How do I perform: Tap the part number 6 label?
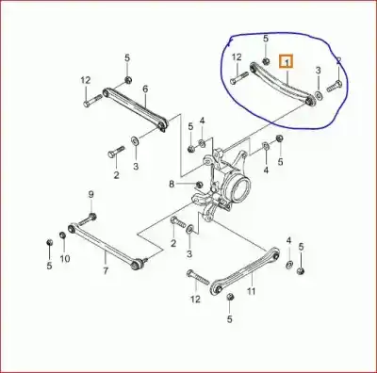click(145, 89)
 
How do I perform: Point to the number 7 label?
click(106, 271)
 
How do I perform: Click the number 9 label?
click(90, 195)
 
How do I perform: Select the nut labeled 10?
click(65, 231)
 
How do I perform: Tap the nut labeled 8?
click(198, 185)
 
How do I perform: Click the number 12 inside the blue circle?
click(236, 57)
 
